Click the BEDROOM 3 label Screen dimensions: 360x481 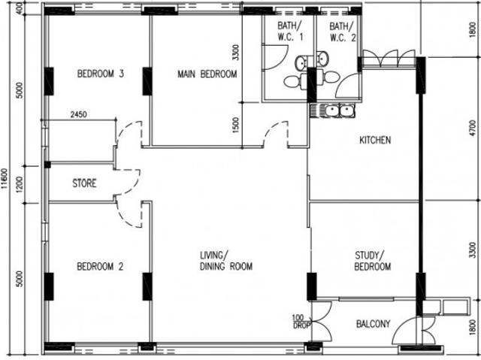click(x=101, y=74)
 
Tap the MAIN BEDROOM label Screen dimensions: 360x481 click(x=207, y=74)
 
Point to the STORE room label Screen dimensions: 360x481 click(x=84, y=183)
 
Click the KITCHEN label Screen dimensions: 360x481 click(x=375, y=141)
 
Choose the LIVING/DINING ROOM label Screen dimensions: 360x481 click(x=226, y=261)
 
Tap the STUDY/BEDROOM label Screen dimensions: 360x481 click(x=373, y=261)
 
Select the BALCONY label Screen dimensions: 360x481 click(x=372, y=324)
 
